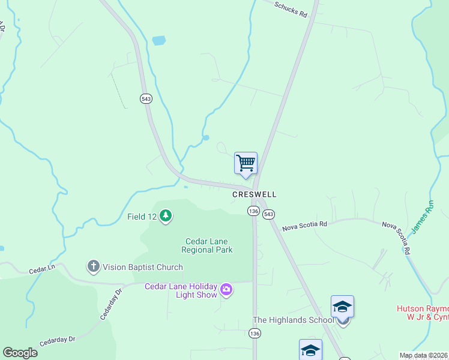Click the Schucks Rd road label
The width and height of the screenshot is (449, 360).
click(x=291, y=8)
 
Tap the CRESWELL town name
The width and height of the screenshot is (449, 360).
click(x=255, y=195)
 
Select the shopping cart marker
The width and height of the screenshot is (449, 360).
click(x=246, y=163)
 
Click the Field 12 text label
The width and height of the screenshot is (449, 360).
click(x=142, y=216)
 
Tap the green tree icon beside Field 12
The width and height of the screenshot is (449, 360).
click(x=166, y=216)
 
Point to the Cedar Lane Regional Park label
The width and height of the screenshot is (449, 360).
click(x=208, y=245)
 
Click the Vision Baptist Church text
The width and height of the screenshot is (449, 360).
click(x=142, y=267)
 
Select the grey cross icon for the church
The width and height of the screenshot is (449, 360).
click(x=93, y=266)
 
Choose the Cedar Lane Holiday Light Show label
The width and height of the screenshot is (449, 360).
click(x=180, y=290)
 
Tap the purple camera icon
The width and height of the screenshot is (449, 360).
click(x=226, y=290)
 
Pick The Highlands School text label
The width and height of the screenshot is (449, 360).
click(x=293, y=320)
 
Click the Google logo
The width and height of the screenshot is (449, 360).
click(x=20, y=353)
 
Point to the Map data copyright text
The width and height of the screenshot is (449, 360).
click(x=423, y=355)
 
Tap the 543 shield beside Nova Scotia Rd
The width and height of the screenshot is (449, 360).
click(x=268, y=214)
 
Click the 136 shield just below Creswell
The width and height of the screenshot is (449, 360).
click(x=253, y=211)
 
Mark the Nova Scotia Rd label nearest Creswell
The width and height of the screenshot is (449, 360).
click(x=305, y=224)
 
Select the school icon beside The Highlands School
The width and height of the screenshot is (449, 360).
click(x=342, y=307)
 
